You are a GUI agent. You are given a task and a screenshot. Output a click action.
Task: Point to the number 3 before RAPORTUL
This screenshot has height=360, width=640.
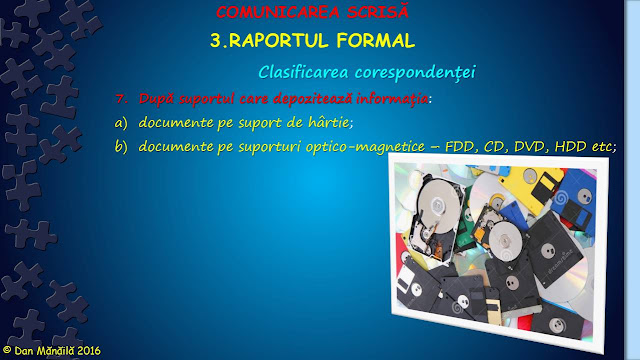click(x=216, y=41)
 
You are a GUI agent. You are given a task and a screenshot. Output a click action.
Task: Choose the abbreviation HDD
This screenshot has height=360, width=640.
click(x=576, y=147)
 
